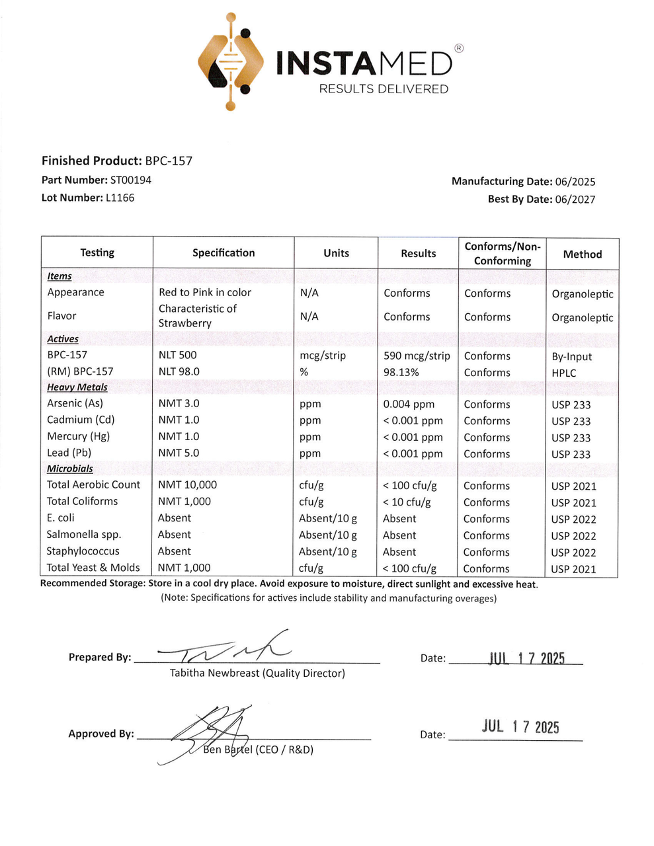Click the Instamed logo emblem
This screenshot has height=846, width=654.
[x=230, y=61]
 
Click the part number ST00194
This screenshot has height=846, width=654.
[x=131, y=180]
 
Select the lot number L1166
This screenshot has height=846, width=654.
[x=120, y=198]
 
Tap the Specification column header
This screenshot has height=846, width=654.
[x=224, y=252]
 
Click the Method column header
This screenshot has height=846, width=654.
[x=582, y=254]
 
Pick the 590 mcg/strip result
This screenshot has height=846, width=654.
[x=417, y=356]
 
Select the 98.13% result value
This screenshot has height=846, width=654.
[x=401, y=372]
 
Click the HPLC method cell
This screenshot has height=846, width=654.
[x=564, y=373]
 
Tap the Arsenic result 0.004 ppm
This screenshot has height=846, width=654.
[x=409, y=404]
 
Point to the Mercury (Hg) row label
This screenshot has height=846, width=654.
[x=78, y=436]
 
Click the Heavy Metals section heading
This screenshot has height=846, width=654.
[x=77, y=387]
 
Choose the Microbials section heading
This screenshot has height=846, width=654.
[x=69, y=469]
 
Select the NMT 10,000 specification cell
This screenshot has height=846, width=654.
[x=187, y=484]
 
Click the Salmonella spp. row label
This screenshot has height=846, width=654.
[x=83, y=535]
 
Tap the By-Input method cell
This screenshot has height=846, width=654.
[x=572, y=357]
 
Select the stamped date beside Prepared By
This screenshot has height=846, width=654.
[x=526, y=658]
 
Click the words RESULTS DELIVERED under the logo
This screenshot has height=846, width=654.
[x=384, y=89]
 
